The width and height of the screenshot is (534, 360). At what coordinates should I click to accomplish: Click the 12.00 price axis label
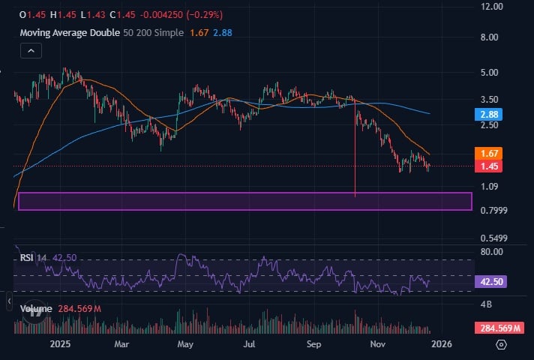click(x=492, y=6)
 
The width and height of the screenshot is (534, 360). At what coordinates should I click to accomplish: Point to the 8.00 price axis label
click(x=490, y=37)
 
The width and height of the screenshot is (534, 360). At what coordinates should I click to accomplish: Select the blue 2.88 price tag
click(x=490, y=115)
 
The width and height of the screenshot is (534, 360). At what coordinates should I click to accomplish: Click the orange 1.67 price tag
click(x=490, y=153)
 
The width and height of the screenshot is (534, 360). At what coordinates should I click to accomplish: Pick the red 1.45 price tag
click(x=490, y=166)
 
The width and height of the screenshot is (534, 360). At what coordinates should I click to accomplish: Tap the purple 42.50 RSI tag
click(x=491, y=283)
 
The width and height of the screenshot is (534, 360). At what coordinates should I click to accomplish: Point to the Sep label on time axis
click(x=314, y=345)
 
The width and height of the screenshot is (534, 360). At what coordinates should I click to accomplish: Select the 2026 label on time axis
click(x=441, y=345)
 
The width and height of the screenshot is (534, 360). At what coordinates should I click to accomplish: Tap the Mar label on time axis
click(x=123, y=345)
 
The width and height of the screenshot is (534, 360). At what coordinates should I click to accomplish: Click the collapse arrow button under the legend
click(x=31, y=51)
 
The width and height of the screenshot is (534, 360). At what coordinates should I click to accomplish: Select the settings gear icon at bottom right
click(x=502, y=345)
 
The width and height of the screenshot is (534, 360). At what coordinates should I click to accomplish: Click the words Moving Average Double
click(x=69, y=32)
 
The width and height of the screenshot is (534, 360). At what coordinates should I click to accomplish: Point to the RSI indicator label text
click(x=27, y=257)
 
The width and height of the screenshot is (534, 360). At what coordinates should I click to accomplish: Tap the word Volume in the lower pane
click(x=36, y=308)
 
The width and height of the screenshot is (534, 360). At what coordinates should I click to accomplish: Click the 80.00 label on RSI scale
click(x=491, y=252)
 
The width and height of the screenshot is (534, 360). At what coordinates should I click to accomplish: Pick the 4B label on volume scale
click(x=486, y=304)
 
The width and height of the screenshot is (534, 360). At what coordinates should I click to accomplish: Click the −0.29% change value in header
click(x=198, y=15)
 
